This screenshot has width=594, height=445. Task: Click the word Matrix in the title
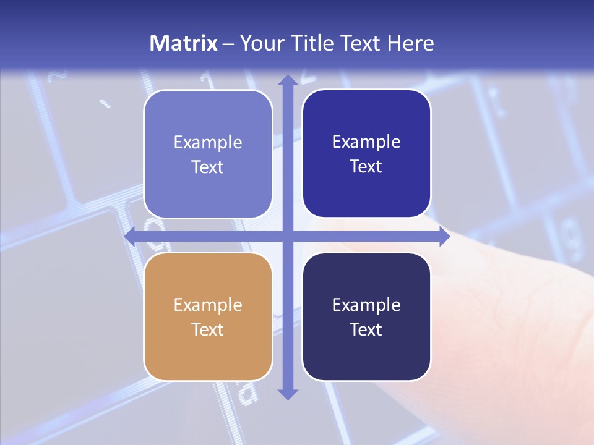tap(184, 43)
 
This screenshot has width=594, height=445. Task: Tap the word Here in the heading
tap(411, 43)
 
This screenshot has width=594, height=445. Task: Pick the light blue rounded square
tap(208, 154)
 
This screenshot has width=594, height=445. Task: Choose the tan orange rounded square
tap(208, 316)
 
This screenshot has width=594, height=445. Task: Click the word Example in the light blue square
tap(208, 142)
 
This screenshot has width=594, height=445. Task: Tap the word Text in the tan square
tap(208, 329)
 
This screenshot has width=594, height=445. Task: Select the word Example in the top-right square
tap(366, 142)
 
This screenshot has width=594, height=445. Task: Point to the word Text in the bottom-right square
tap(366, 329)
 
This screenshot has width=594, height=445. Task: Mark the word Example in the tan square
tap(208, 305)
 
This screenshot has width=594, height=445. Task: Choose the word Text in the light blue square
tap(208, 167)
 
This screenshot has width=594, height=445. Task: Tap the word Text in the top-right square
tap(366, 166)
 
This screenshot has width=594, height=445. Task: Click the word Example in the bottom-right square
tap(366, 305)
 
